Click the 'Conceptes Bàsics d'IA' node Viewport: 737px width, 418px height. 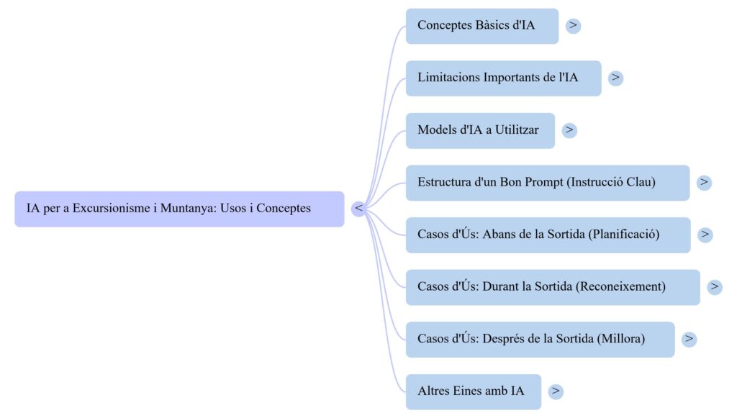pos(481,26)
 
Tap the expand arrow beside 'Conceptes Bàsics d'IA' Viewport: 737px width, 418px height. pos(573,26)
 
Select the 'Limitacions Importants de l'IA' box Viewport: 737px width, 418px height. pos(502,78)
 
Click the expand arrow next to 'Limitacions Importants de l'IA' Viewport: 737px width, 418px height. pos(615,78)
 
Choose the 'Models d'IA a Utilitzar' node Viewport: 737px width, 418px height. pos(479,130)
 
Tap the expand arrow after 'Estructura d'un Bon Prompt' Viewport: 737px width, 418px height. pos(704,182)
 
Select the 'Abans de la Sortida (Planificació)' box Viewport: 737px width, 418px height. pos(547,235)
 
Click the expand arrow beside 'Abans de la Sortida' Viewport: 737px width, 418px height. pos(705,235)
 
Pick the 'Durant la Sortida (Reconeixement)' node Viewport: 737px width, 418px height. pos(552,286)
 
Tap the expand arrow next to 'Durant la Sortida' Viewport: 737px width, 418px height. pos(715,286)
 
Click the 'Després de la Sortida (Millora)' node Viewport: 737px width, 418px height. pos(540,339)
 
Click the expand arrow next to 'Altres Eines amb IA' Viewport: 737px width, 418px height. pos(556,391)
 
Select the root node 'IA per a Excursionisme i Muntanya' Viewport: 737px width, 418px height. pos(178,209)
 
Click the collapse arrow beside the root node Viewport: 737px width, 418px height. pos(358,209)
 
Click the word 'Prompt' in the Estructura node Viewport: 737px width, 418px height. pos(543,182)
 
